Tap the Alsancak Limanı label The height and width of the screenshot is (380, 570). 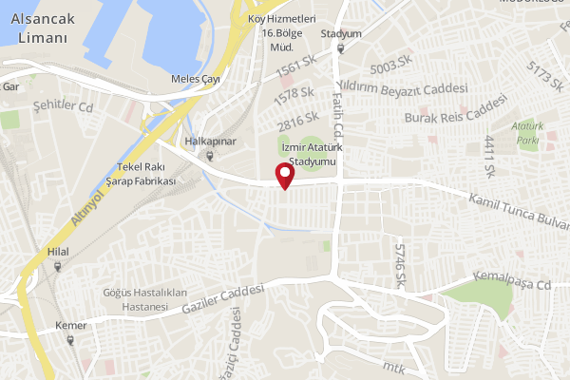[x=44, y=29]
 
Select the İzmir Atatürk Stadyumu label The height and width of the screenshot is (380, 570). [x=310, y=154]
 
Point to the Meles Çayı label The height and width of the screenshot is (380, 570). [x=196, y=79]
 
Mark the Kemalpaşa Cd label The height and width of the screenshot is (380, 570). [x=517, y=284]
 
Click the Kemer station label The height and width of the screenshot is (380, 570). [x=71, y=326]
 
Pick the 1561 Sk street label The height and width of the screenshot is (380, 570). [x=295, y=66]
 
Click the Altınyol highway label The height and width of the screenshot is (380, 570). [x=87, y=208]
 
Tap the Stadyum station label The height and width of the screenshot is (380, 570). [x=341, y=33]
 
